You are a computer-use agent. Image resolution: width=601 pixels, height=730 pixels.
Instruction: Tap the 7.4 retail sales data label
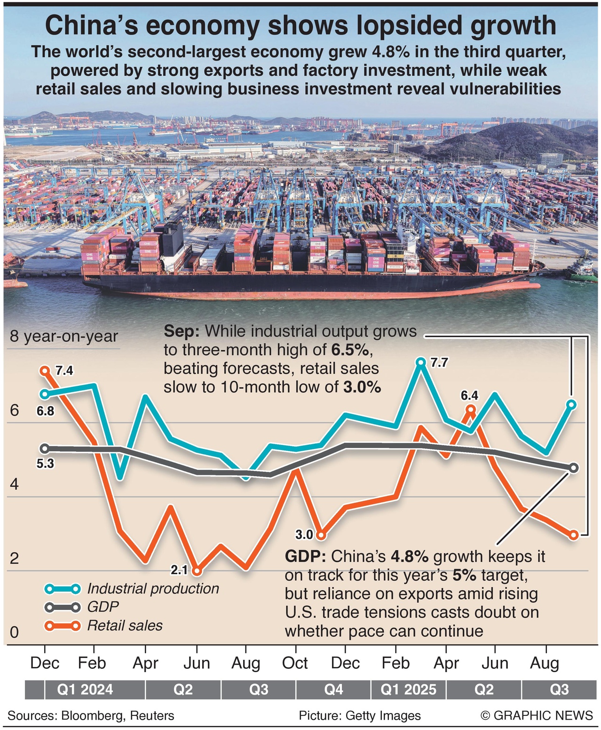[64, 371]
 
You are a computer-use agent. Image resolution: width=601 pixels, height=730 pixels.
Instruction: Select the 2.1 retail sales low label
[179, 570]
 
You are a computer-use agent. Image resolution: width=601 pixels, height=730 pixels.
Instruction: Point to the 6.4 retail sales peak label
[469, 395]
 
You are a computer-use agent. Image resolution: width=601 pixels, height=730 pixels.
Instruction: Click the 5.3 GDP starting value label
[45, 464]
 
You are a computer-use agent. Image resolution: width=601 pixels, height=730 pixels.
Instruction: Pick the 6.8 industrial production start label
[45, 411]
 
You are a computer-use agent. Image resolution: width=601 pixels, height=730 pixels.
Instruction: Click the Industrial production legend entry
[153, 588]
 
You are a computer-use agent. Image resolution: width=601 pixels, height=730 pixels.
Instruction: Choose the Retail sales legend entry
[125, 626]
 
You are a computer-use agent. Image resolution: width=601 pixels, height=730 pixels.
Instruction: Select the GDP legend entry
[103, 607]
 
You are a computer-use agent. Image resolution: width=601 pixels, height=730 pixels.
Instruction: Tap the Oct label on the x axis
[295, 663]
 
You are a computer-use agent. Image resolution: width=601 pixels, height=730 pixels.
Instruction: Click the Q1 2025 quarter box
[408, 690]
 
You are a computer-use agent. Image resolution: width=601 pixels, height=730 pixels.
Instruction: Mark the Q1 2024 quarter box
[85, 690]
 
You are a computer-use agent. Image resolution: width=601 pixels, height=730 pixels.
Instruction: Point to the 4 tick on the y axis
[14, 484]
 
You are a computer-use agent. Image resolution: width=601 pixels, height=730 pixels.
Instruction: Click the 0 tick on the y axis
[14, 632]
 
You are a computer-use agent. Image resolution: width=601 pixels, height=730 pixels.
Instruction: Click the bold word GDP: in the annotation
[305, 556]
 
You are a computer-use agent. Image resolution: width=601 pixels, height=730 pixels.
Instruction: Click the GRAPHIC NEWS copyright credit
[537, 715]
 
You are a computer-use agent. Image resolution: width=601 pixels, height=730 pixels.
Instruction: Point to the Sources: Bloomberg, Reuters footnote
[91, 715]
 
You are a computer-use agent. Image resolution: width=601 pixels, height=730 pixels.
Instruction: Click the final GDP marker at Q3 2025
[573, 468]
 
